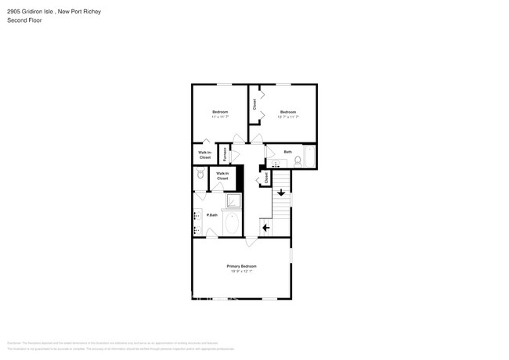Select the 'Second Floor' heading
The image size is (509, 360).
click(x=24, y=20)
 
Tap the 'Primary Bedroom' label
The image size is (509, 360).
click(x=243, y=266)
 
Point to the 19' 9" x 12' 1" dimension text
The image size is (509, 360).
click(x=243, y=272)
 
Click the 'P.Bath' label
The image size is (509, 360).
click(x=212, y=214)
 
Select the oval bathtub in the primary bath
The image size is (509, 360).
click(x=232, y=223)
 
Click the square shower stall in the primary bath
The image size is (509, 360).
click(x=233, y=201)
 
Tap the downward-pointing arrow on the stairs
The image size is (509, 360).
click(x=281, y=193)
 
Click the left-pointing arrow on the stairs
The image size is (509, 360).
click(x=266, y=228)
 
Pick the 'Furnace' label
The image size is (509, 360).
click(x=226, y=153)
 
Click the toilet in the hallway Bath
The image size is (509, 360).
click(x=298, y=160)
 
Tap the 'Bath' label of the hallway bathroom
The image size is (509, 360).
click(x=288, y=152)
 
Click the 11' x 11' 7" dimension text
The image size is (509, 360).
click(x=220, y=117)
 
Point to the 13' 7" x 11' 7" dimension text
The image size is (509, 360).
click(x=288, y=117)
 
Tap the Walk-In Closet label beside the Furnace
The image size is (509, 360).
click(x=204, y=154)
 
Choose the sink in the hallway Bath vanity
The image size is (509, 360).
click(x=275, y=164)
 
